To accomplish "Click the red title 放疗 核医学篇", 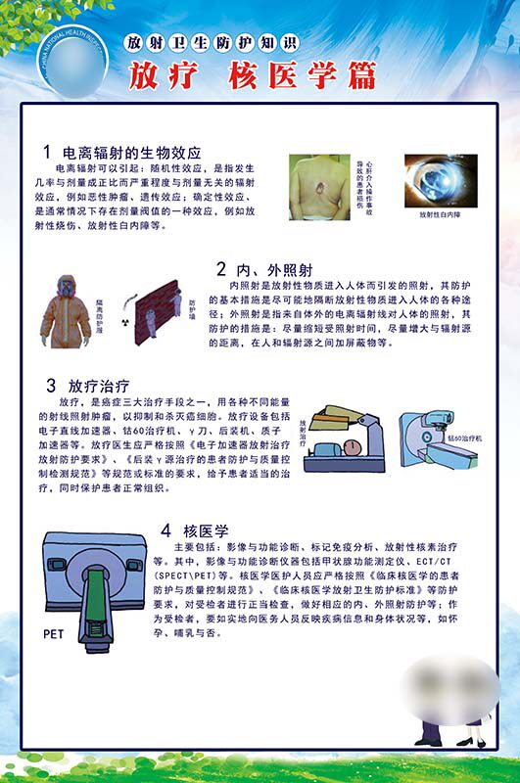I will [252, 74].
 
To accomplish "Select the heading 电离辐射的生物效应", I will [131, 153].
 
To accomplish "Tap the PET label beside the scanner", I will [53, 634].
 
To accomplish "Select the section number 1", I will [46, 153].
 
